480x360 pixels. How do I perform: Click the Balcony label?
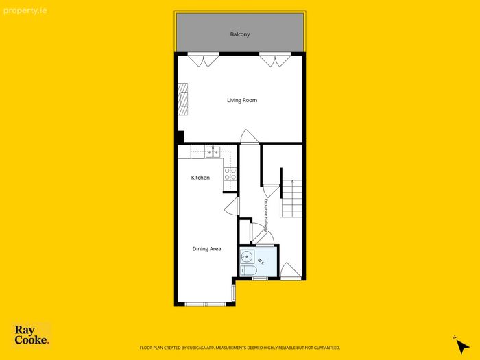point(240,34)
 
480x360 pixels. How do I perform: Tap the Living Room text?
point(242,100)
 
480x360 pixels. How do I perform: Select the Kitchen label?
point(200,178)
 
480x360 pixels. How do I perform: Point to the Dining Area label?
point(206,249)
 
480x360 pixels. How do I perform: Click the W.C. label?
point(261,261)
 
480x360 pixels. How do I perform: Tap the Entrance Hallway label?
point(266,215)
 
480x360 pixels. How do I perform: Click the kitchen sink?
point(213,152)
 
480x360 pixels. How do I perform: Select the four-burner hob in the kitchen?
point(230,174)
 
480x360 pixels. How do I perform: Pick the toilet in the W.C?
point(248,270)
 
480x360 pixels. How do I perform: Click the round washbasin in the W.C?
point(247,256)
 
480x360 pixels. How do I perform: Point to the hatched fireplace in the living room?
point(183,99)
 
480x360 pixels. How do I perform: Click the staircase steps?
point(291,199)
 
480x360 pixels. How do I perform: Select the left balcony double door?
point(203,60)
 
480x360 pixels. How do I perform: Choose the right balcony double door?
point(275,60)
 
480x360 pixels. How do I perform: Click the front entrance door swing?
point(291,272)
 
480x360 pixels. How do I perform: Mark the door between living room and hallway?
point(249,136)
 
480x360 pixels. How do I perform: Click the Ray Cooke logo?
point(32,335)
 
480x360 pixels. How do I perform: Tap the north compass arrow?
point(462,346)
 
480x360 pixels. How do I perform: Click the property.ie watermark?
point(25,11)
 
